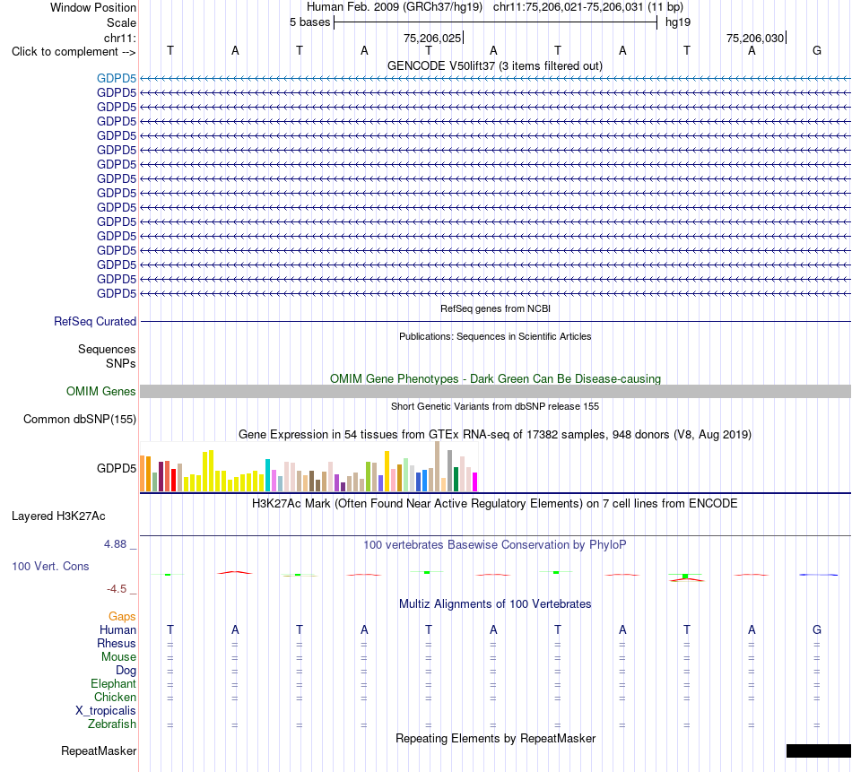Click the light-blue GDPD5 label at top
117,78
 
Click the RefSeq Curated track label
95,321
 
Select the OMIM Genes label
101,391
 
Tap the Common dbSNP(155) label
80,419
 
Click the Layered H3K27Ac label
58,516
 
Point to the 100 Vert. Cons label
50,566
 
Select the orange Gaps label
122,616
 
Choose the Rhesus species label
117,643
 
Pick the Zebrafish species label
112,724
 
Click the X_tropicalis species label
106,711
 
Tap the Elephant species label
114,683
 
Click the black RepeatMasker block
818,750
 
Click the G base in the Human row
817,629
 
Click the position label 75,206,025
432,38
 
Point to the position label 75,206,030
755,38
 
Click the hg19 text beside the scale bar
678,22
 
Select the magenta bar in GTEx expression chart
475,481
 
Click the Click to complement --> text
74,52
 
